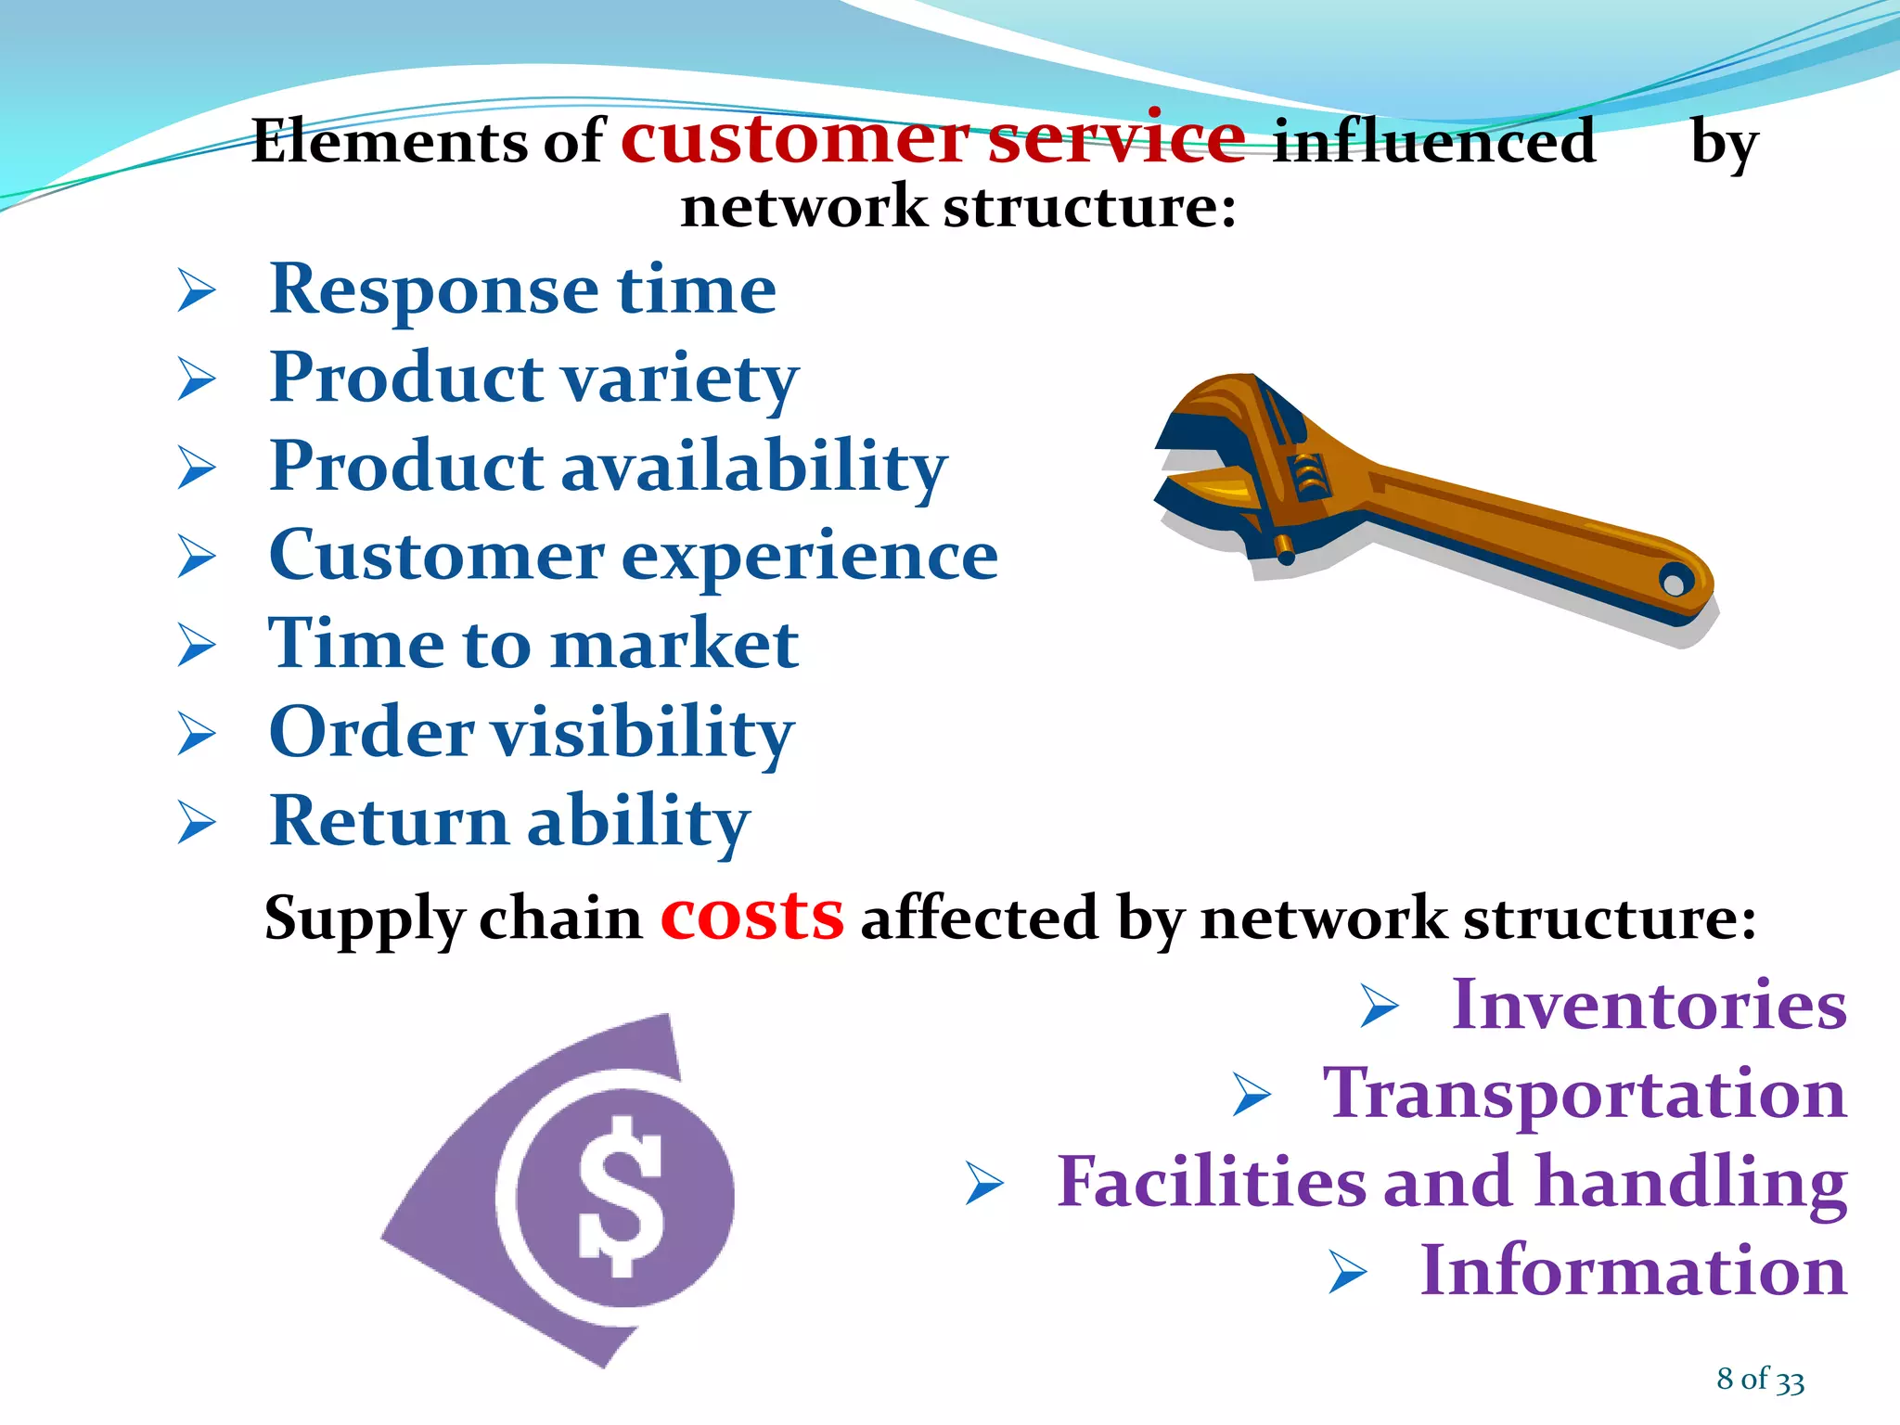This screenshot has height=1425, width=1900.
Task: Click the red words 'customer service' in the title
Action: click(x=932, y=139)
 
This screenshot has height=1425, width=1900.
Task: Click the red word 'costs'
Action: click(x=751, y=917)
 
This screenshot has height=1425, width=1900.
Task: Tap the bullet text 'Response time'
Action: click(x=522, y=289)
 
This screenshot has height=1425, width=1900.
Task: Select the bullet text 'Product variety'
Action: click(x=533, y=379)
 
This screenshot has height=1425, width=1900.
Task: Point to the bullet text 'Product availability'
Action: click(x=608, y=467)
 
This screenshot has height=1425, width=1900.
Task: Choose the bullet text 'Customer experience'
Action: click(x=633, y=556)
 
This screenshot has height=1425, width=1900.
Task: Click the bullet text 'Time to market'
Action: click(x=533, y=644)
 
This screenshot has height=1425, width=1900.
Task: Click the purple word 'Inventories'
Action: click(x=1649, y=1005)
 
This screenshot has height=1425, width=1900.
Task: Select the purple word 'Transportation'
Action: click(x=1585, y=1094)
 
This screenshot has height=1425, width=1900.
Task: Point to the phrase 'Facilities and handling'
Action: click(x=1452, y=1183)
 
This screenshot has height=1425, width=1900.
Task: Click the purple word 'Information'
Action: click(x=1633, y=1271)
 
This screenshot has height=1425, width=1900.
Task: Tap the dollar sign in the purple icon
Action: click(x=620, y=1197)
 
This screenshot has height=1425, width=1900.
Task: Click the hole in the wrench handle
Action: click(x=1675, y=584)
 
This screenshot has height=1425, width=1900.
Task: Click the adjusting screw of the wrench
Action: click(x=1308, y=478)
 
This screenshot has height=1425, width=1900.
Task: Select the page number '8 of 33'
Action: click(x=1760, y=1379)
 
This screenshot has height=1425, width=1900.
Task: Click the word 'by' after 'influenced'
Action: click(x=1724, y=144)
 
